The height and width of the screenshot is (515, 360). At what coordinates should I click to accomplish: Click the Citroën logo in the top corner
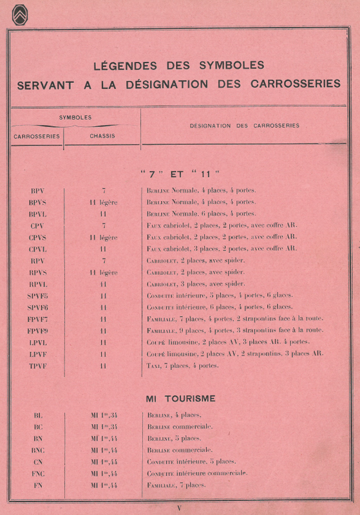point(19,15)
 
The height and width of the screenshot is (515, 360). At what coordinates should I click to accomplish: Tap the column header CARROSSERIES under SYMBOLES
point(37,136)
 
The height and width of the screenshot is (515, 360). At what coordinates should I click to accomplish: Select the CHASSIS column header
point(102,136)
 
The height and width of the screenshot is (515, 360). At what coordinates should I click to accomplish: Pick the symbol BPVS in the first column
point(37,202)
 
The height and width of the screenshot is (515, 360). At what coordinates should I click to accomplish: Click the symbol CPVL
point(37,248)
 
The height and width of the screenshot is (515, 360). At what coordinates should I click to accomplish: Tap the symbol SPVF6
point(37,307)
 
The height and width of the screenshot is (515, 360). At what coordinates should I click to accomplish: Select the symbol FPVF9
point(37,330)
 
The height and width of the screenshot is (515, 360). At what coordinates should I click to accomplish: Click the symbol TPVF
point(37,366)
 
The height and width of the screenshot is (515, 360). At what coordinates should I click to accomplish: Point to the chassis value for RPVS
point(103,272)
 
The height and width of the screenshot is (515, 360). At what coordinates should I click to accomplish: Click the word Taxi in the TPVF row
point(153,366)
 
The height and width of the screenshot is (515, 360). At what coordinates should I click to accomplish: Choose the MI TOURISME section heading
point(180,398)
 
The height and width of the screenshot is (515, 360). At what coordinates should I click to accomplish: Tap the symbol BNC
point(37,450)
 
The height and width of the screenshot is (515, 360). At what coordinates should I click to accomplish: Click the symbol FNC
point(37,473)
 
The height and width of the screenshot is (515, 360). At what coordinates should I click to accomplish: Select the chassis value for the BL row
point(103,415)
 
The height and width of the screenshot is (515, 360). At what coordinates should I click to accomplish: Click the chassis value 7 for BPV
point(103,191)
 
